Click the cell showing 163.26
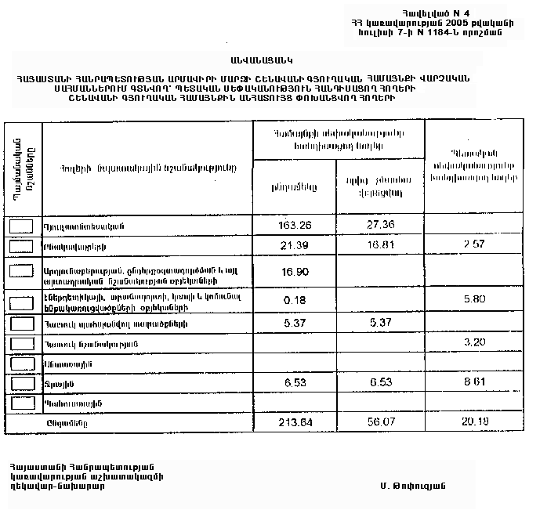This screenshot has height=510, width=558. coord(295,226)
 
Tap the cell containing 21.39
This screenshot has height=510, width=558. coord(295,246)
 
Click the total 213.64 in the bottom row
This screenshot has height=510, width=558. coord(295,422)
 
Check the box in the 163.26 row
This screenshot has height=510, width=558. coord(21,226)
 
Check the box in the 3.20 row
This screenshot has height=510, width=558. coord(21,343)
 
